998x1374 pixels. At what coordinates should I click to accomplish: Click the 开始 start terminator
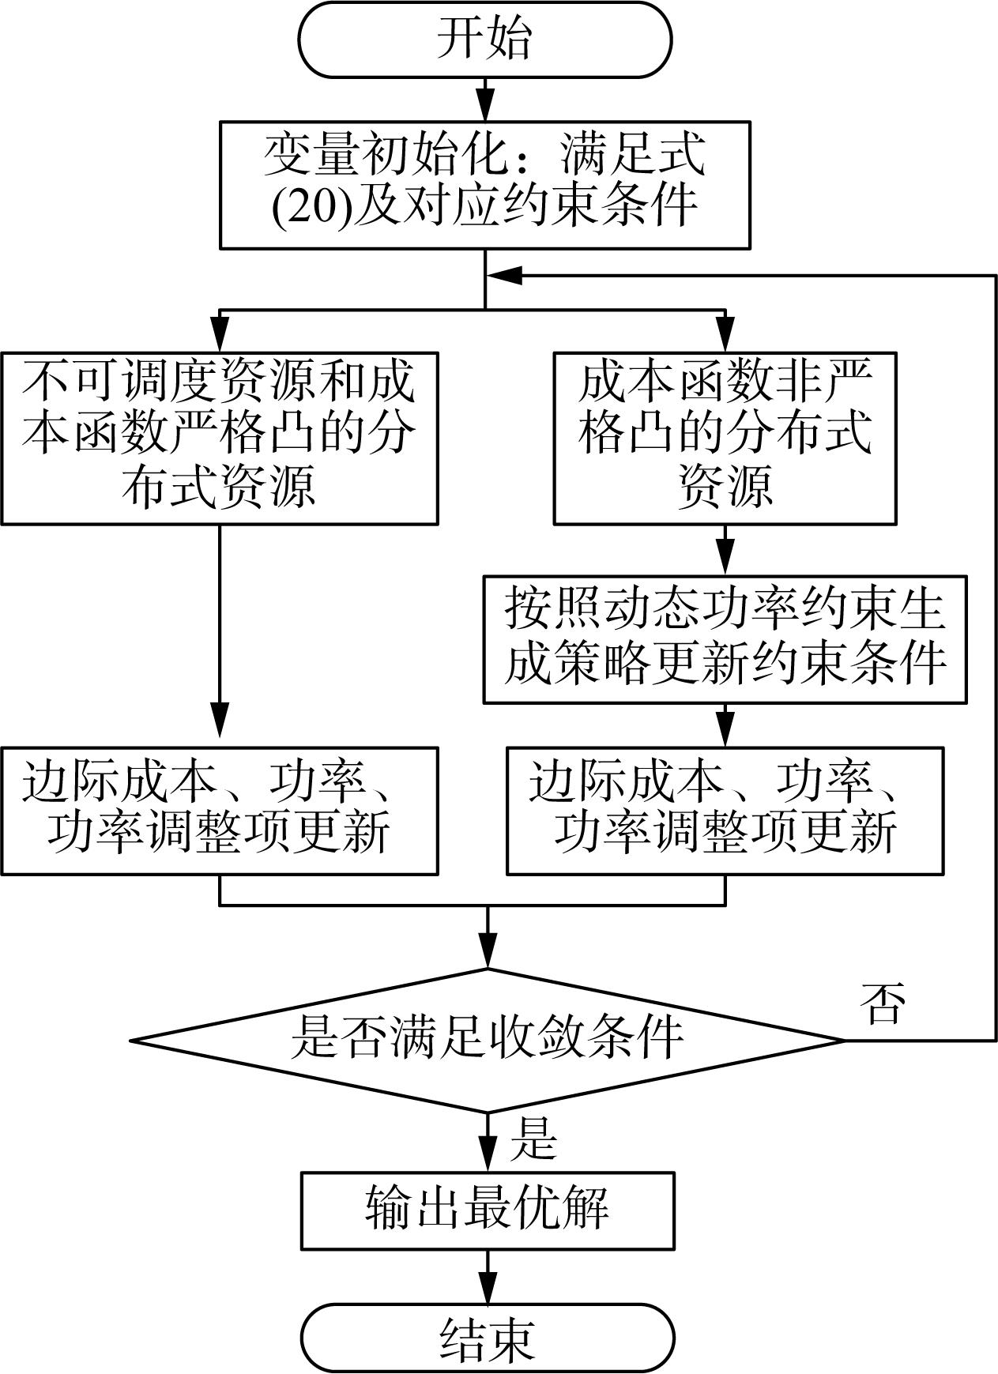click(x=485, y=40)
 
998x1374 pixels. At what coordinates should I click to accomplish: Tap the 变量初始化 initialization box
click(x=484, y=185)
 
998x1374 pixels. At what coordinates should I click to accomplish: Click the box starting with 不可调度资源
click(x=220, y=438)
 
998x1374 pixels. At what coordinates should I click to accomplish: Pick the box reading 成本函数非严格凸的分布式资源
click(x=725, y=438)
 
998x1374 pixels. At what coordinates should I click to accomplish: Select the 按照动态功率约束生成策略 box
click(x=725, y=639)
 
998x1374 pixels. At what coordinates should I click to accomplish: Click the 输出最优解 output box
click(x=488, y=1210)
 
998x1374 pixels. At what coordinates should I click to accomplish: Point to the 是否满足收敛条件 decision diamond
click(x=488, y=1040)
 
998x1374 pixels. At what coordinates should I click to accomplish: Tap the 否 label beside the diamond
click(x=882, y=1004)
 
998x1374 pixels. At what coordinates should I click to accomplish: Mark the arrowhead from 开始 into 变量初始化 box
click(x=485, y=106)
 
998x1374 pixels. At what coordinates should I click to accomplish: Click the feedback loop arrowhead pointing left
click(x=503, y=275)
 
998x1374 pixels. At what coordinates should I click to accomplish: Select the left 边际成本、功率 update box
click(x=220, y=811)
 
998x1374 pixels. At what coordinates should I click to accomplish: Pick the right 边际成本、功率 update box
click(x=725, y=811)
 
